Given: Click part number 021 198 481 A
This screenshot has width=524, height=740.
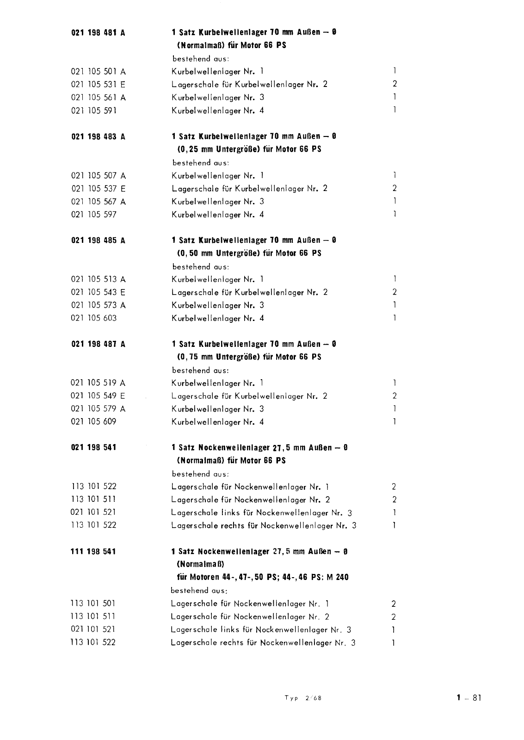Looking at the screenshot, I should click(99, 33).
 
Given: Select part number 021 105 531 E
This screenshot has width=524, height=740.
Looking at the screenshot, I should click(98, 85).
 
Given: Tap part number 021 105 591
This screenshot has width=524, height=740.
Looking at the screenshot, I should click(94, 111).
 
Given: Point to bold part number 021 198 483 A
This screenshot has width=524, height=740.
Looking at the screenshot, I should click(99, 137).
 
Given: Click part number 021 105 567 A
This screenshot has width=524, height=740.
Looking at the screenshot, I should click(98, 202).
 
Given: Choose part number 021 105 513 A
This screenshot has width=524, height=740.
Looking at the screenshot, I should click(98, 279).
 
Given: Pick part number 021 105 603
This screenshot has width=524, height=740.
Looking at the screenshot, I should click(94, 318).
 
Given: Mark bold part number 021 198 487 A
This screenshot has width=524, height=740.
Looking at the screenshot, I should click(99, 344).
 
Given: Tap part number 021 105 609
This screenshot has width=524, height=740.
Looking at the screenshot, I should click(94, 422).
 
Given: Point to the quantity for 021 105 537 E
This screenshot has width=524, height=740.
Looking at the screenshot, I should click(395, 188).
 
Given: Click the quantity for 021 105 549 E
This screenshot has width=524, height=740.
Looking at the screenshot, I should click(395, 396).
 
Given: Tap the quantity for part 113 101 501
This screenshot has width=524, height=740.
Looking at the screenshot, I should click(394, 604).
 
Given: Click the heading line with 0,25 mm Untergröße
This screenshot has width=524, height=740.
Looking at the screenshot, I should click(249, 149).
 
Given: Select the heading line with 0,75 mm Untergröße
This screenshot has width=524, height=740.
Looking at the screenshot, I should click(249, 357).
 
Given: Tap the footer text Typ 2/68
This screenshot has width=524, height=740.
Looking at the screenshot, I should click(303, 698).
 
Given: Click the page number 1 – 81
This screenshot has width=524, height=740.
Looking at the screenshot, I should click(469, 698).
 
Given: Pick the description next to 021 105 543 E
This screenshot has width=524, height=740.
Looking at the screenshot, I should click(250, 292).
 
